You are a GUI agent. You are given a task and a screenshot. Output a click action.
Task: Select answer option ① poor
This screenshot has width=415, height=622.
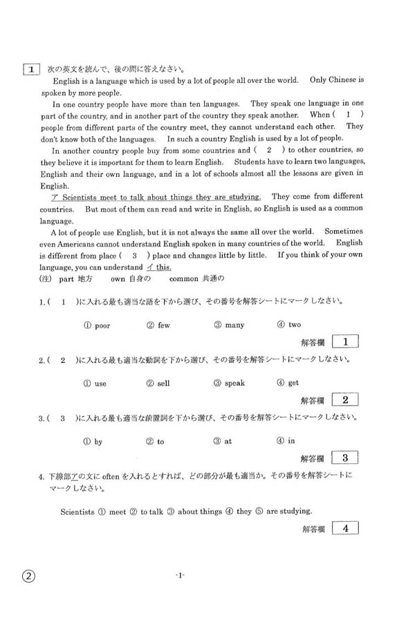coord(96,325)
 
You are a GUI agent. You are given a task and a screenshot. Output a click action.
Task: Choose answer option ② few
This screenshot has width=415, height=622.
coord(158,325)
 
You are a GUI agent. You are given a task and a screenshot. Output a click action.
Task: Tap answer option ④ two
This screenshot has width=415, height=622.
coord(288,325)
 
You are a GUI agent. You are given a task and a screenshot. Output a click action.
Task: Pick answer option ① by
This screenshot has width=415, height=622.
coord(93,442)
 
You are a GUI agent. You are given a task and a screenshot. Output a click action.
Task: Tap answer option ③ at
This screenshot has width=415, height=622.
coord(223,442)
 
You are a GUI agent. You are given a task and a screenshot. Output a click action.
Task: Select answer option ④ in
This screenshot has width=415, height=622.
coord(286,442)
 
